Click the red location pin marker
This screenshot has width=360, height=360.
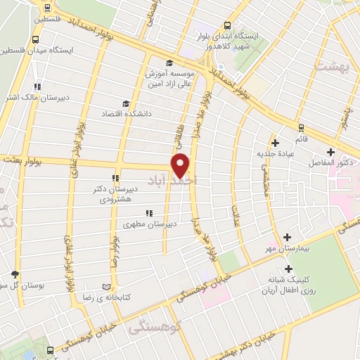181,165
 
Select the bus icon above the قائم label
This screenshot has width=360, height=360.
301,127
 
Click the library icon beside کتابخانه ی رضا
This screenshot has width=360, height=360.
107,287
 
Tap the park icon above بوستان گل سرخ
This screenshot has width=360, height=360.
15,274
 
